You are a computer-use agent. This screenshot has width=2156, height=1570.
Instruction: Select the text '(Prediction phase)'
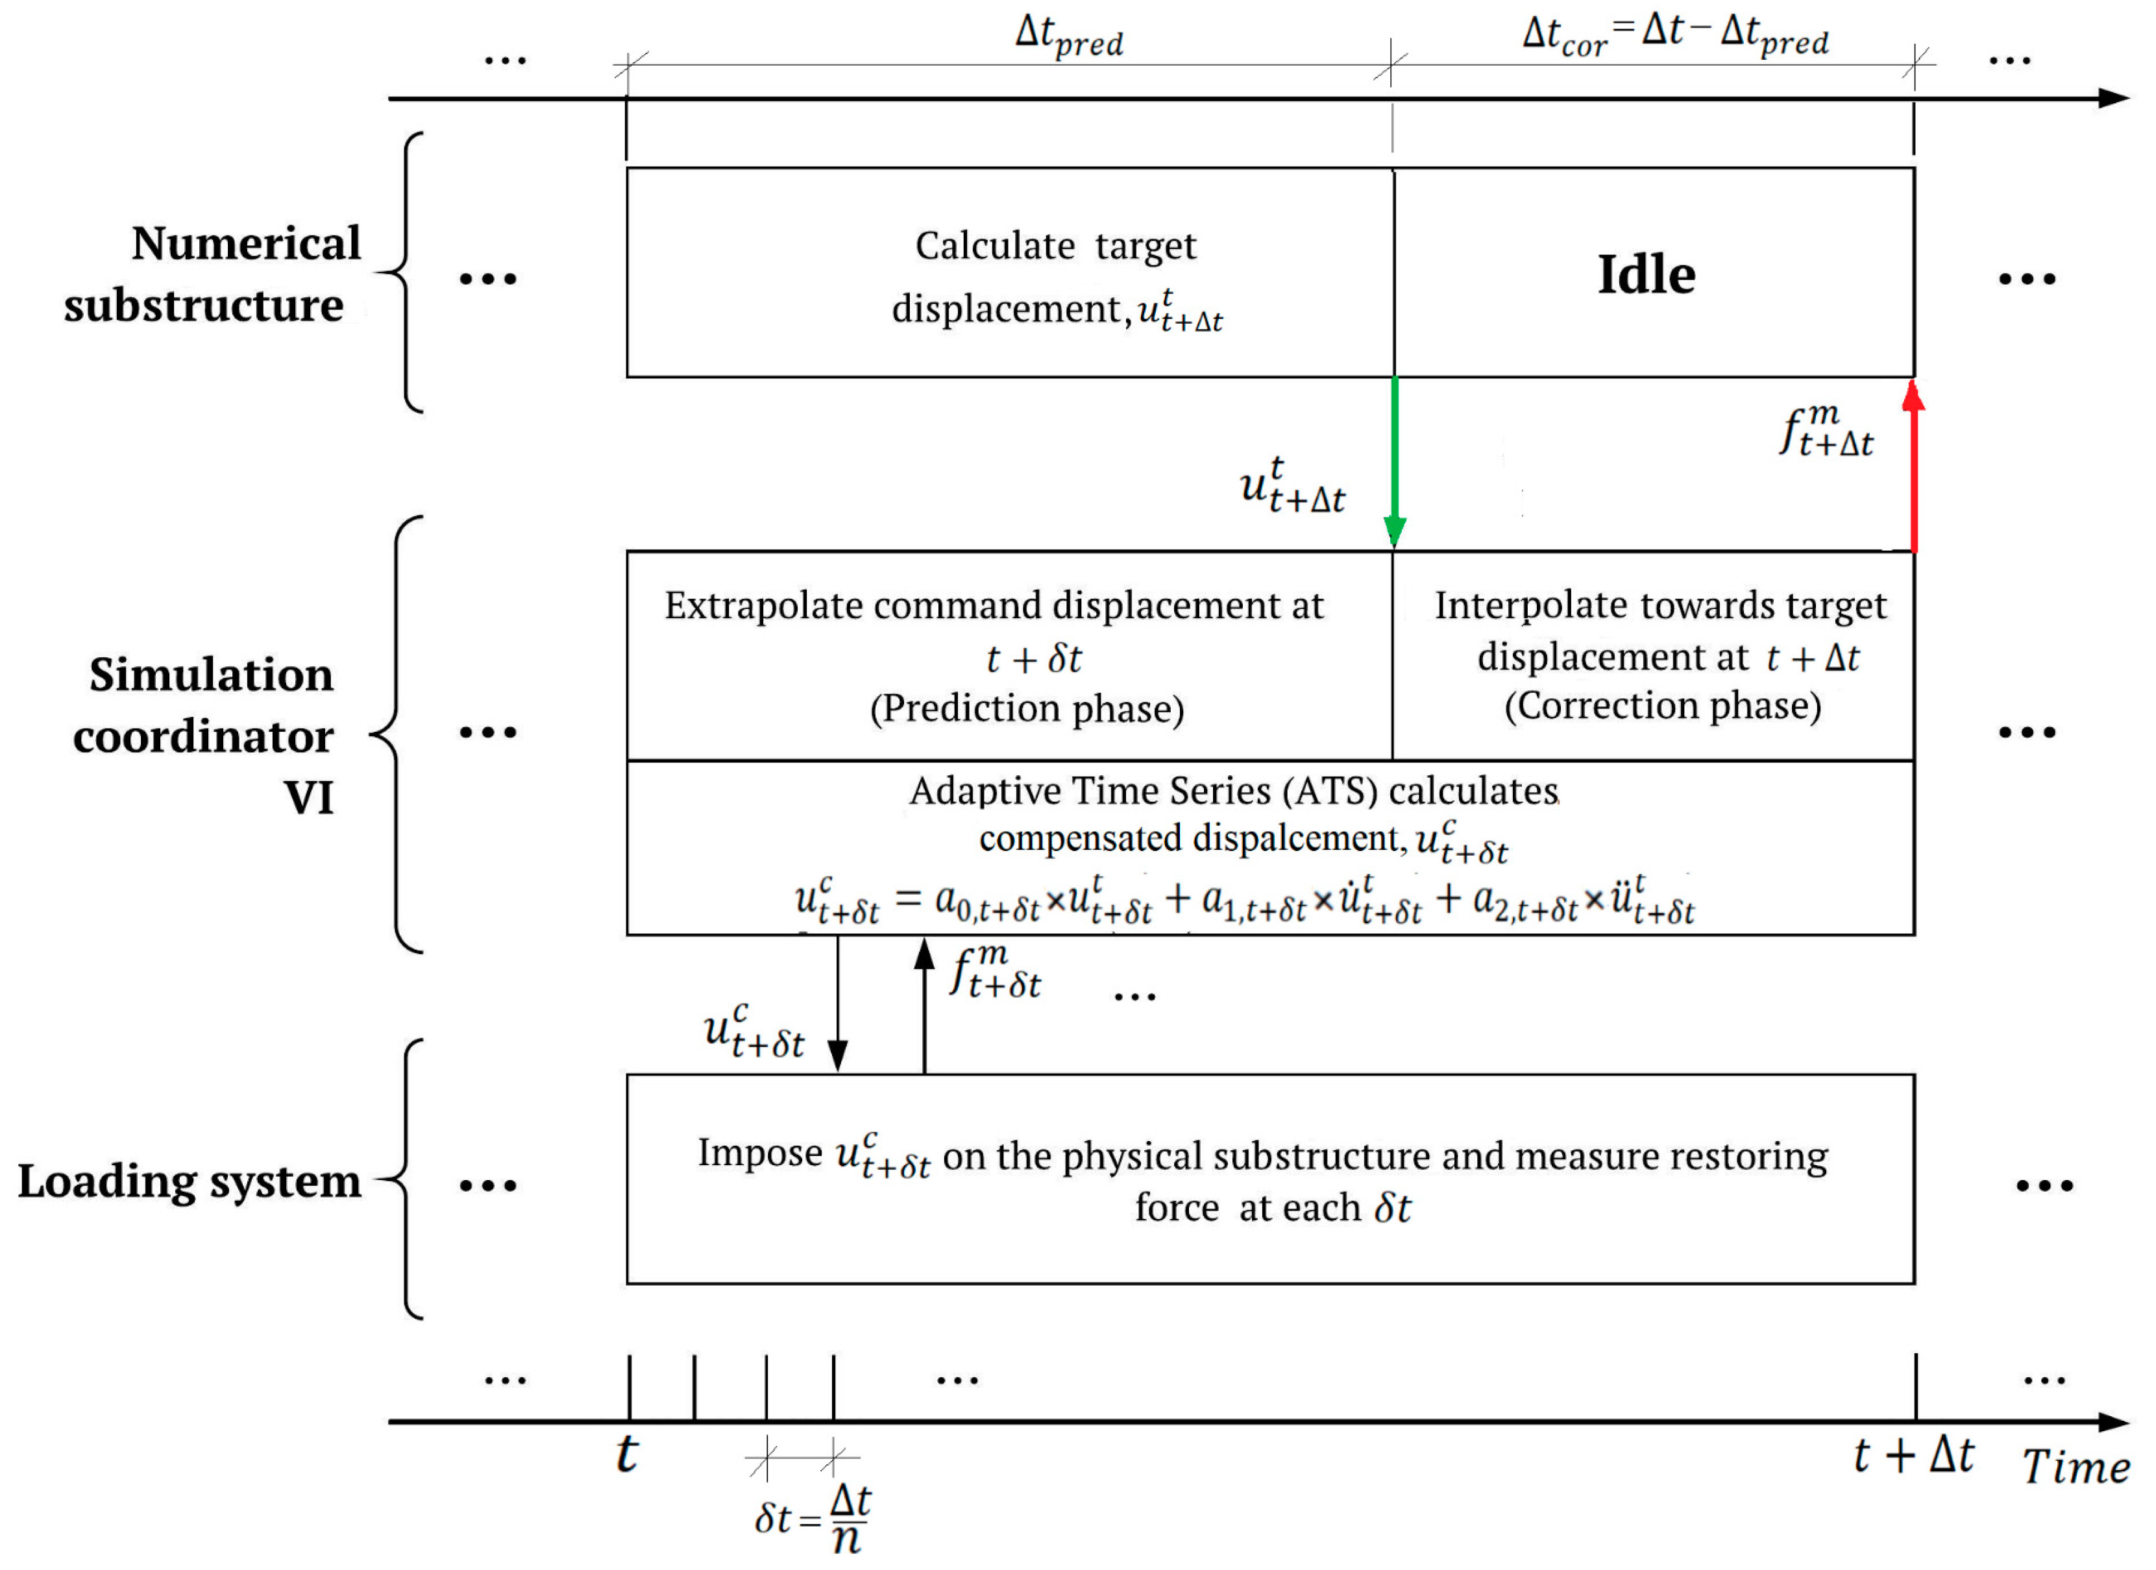(1027, 709)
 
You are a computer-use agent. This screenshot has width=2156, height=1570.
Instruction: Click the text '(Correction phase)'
(1663, 706)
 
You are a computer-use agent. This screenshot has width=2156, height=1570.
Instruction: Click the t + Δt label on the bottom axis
(1913, 1455)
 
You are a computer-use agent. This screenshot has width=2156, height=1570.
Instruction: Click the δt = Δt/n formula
(813, 1517)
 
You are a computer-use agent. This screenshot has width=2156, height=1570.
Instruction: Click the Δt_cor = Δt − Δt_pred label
(1675, 36)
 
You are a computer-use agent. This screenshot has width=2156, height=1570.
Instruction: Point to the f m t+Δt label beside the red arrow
(1825, 431)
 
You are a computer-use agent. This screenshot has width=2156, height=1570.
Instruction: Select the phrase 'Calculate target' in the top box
(1055, 246)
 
